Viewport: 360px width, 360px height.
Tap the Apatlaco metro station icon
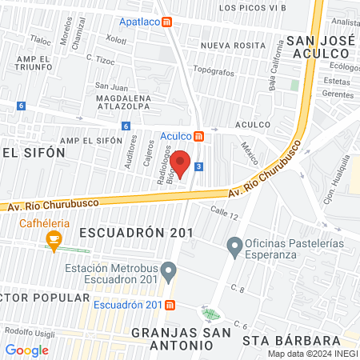tap(166, 22)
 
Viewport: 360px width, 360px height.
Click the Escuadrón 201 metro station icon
tap(171, 305)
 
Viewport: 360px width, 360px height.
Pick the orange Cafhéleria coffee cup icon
tap(54, 238)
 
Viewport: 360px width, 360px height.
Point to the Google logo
tap(26, 350)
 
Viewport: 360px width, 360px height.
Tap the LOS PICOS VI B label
tap(253, 7)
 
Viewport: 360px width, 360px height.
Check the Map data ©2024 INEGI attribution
tap(312, 354)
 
